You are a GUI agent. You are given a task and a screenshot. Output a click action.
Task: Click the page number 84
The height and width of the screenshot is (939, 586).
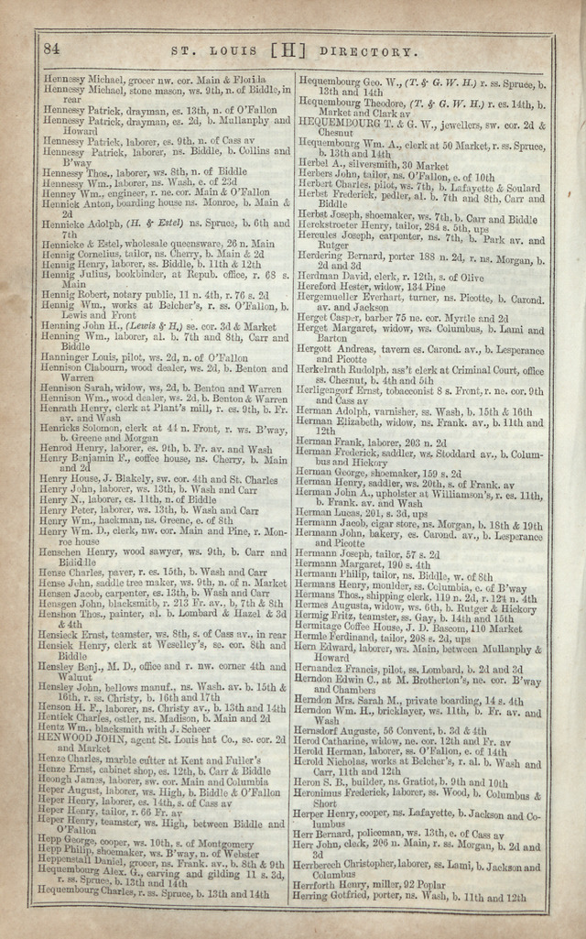click(x=51, y=49)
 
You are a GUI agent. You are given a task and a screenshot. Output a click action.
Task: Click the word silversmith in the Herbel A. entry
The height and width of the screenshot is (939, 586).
click(x=366, y=165)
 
